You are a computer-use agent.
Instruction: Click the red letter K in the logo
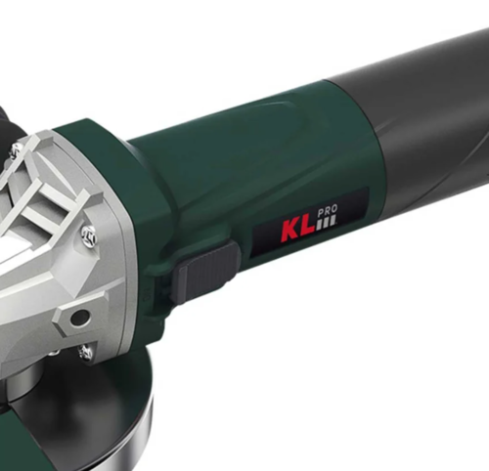click(x=290, y=232)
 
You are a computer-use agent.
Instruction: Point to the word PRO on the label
click(x=327, y=211)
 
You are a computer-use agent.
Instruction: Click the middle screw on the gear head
click(x=89, y=237)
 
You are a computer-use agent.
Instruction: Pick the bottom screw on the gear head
click(x=85, y=352)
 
